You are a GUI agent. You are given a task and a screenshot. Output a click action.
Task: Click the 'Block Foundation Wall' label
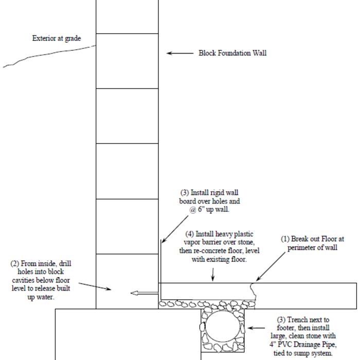(232, 53)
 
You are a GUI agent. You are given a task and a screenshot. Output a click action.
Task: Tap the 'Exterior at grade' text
(57, 38)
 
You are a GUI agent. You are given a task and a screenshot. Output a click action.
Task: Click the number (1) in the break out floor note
(284, 239)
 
